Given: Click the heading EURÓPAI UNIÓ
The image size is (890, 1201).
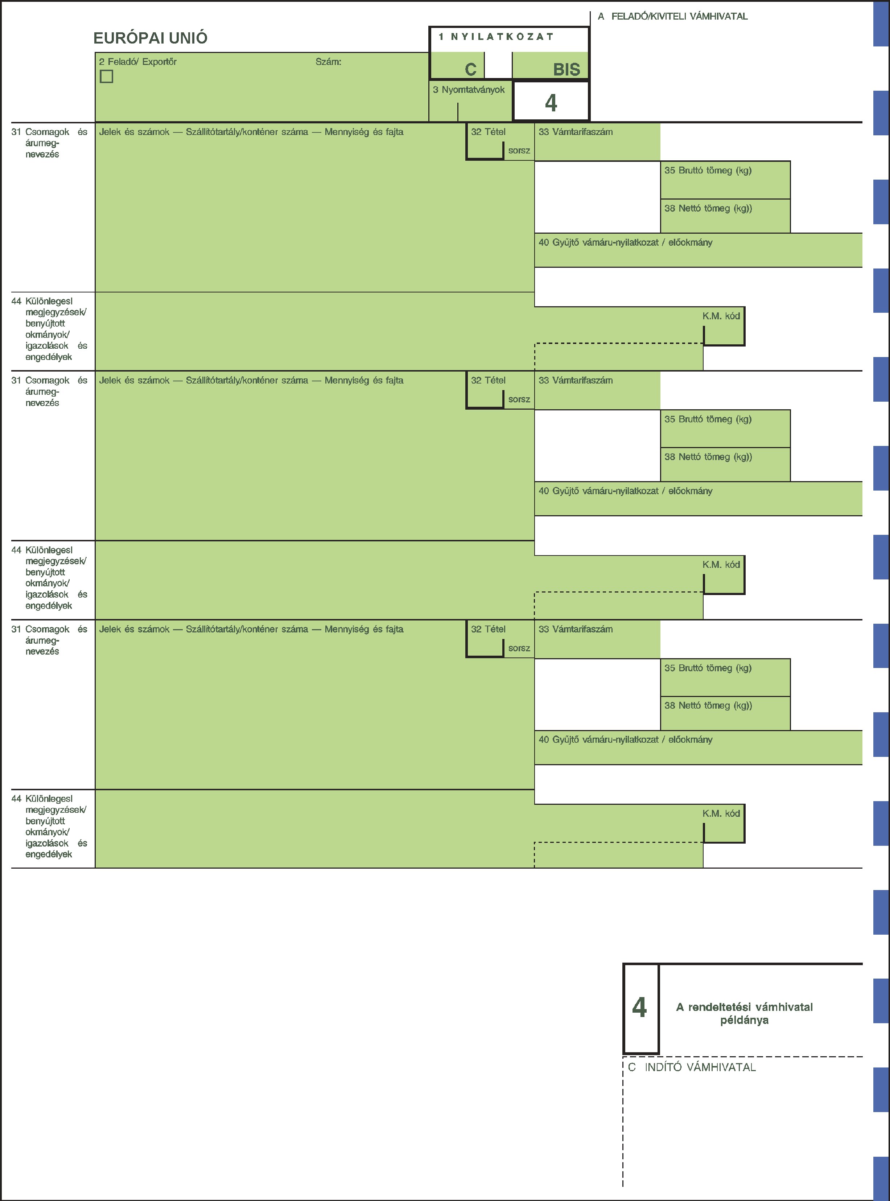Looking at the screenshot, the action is [x=150, y=38].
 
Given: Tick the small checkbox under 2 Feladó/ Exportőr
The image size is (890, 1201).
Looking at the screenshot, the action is [x=107, y=77].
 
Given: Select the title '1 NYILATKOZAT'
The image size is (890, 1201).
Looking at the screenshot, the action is [x=496, y=37].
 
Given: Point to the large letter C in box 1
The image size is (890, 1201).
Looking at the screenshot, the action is [x=471, y=70].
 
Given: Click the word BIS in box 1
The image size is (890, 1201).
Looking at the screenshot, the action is [x=567, y=70].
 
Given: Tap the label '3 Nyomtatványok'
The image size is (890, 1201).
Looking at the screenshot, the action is [x=469, y=90].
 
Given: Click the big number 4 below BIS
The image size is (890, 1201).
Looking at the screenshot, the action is [x=551, y=103].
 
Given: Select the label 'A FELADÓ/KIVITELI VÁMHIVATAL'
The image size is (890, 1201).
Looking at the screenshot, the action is [x=673, y=16].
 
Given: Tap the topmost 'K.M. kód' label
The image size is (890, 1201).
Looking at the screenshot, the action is [x=721, y=316].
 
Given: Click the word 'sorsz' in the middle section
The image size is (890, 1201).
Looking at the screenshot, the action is [x=519, y=399].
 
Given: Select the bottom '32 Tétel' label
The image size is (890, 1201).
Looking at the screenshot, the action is [x=488, y=629].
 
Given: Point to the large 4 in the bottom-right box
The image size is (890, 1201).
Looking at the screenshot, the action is [x=639, y=1008].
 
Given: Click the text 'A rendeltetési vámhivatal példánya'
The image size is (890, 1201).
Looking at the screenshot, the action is [x=745, y=1013].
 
